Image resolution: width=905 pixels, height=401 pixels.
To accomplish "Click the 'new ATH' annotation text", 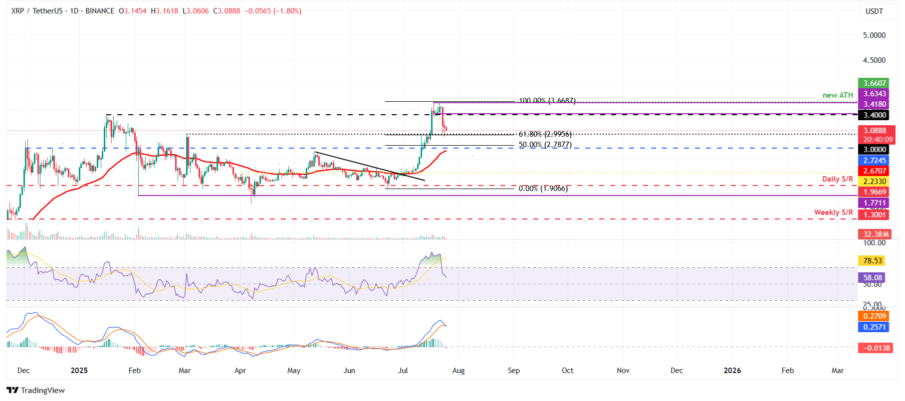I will [x=838, y=95].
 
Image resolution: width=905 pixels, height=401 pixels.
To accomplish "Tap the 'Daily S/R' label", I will [x=838, y=179].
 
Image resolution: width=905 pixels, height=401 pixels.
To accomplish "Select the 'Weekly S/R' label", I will [x=833, y=212].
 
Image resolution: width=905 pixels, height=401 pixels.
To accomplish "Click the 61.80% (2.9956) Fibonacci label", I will [x=545, y=134].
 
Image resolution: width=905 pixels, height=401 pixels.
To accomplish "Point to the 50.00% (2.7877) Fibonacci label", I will [x=545, y=145].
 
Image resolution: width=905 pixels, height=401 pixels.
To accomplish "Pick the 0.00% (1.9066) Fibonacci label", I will [x=543, y=189].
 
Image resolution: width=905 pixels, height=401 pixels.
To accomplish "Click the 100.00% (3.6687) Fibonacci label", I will [x=547, y=101].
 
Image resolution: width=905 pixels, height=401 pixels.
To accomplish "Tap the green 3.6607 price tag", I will [x=875, y=83].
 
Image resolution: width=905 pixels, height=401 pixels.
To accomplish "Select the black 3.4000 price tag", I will [x=875, y=115].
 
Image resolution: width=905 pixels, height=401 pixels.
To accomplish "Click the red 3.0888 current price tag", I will [x=875, y=131].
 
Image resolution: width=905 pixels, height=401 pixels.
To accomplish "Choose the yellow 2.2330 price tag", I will [x=875, y=182].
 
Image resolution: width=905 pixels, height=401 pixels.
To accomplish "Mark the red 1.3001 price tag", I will [x=875, y=215].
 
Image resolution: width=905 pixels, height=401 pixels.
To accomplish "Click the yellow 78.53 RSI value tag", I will [x=873, y=261].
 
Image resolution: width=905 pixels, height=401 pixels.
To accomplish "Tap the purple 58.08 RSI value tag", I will [x=873, y=278].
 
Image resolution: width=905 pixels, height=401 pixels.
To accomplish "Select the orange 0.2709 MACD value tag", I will [x=874, y=316].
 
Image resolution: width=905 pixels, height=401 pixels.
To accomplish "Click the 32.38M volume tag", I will [x=876, y=234].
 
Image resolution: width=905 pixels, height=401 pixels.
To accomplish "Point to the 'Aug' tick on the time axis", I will [x=458, y=371].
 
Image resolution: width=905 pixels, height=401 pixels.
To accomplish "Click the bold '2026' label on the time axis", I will [x=732, y=371].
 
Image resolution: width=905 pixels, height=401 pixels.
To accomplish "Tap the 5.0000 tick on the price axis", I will [x=874, y=35].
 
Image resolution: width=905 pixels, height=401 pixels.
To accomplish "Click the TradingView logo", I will [x=36, y=391].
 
